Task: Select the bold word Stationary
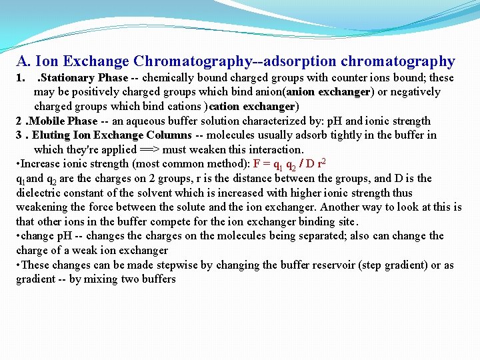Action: coord(68,78)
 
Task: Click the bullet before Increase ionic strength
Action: coord(18,164)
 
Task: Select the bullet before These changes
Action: coord(18,265)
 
